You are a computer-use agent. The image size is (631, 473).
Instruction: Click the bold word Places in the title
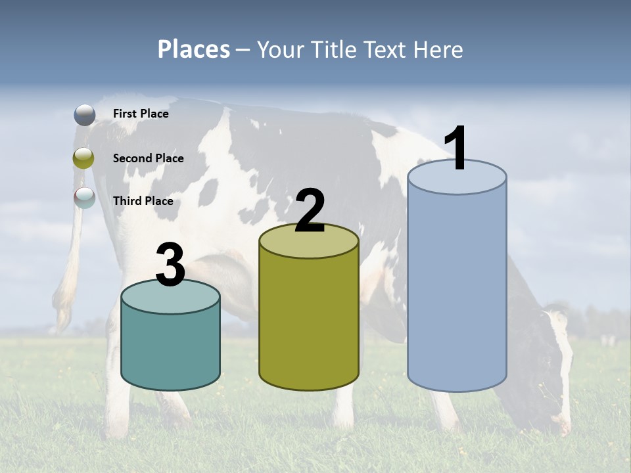coord(194,49)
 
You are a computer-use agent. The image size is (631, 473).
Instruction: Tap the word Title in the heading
coord(334,49)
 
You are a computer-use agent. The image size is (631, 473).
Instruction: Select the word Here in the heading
coord(439,49)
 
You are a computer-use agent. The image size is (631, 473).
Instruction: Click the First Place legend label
coord(141,114)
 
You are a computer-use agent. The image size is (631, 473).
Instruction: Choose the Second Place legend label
coord(148,158)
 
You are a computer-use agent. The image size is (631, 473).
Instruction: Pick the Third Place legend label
coord(143,201)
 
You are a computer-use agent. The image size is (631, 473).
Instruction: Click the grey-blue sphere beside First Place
coord(84,114)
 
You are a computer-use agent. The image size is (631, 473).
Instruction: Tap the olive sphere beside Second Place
coord(84,158)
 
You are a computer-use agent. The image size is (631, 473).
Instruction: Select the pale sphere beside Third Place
coord(84,197)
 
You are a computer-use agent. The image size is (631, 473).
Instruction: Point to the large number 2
coord(310,211)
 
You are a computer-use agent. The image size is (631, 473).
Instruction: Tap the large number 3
coord(170,265)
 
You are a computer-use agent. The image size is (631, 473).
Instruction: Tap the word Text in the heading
coord(388,49)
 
